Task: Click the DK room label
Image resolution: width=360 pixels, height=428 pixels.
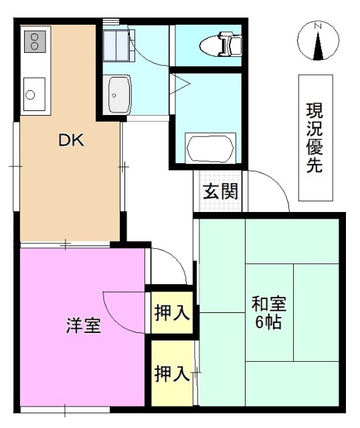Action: [70, 140]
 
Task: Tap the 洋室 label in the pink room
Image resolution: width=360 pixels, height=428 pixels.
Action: [83, 326]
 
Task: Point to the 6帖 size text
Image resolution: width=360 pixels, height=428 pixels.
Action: [269, 322]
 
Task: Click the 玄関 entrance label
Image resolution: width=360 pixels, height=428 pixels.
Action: [220, 192]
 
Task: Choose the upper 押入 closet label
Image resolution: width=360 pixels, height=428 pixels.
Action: [171, 312]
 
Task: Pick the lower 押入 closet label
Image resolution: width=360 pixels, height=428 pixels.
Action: [171, 373]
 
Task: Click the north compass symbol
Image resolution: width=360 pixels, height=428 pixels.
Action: [318, 41]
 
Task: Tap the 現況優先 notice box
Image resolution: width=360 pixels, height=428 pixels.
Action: [314, 138]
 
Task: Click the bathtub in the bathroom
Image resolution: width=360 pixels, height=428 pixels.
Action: [209, 148]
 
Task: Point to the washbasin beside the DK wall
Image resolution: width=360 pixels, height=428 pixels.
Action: [119, 95]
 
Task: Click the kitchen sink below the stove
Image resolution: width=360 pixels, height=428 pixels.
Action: [33, 94]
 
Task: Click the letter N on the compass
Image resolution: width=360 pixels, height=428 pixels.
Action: [319, 25]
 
